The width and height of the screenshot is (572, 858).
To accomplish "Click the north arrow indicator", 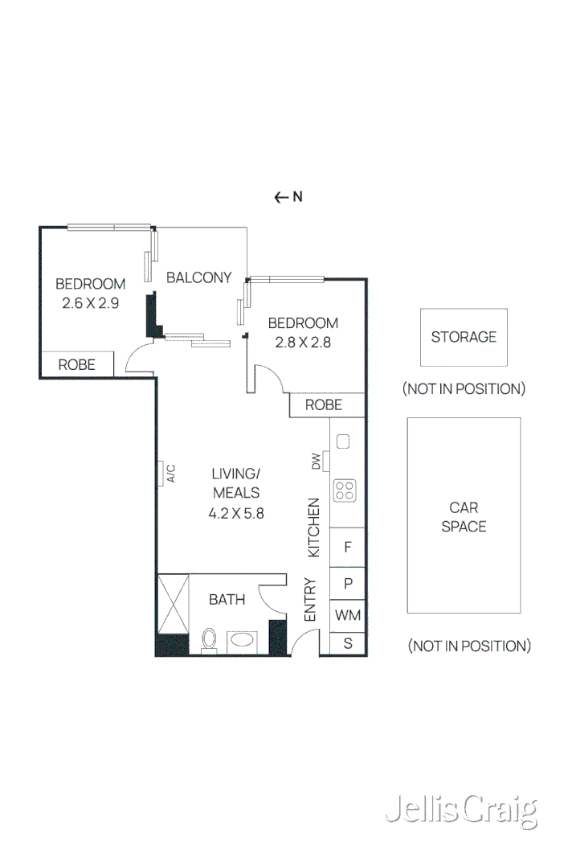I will pos(288,197).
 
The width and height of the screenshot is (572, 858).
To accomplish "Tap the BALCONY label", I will pos(198,277).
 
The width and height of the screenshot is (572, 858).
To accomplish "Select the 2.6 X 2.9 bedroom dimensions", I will pos(90,303).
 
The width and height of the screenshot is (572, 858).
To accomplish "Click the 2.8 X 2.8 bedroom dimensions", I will pos(303,342).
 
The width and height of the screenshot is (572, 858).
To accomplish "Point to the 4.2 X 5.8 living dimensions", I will pos(236,513).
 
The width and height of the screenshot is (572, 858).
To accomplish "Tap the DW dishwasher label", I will pos(317,462).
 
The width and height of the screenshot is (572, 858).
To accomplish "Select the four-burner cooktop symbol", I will pos(345,491).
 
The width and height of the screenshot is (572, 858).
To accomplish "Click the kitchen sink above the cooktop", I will pos(343,441).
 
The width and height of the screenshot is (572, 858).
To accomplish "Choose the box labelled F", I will pos(348,548).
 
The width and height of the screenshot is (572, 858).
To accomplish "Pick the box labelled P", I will pos(348,583).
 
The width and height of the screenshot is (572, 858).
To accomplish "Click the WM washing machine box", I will pos(348,616).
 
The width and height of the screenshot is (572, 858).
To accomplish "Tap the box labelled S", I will pos(348,642).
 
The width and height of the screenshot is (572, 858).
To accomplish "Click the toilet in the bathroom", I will pos(209,640).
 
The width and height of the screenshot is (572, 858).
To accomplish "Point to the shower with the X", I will pos(172,604).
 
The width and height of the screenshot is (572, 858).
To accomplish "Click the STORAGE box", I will pos(464,337).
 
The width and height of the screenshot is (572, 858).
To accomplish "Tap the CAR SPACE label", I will pos(464,517).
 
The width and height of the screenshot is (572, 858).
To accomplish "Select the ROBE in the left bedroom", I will pos(76,364).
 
